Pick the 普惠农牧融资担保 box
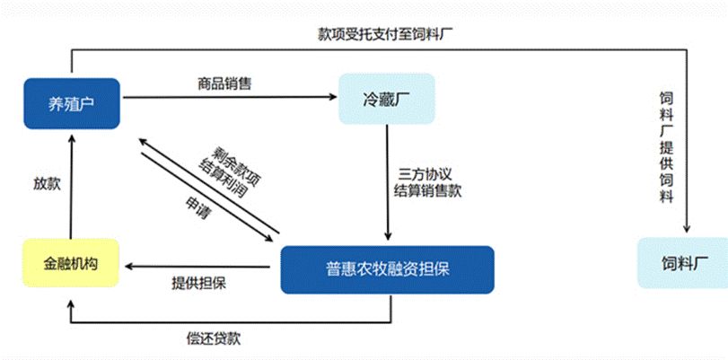(387, 269)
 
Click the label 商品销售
(224, 84)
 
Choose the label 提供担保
(198, 284)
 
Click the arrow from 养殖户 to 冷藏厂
(229, 97)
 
